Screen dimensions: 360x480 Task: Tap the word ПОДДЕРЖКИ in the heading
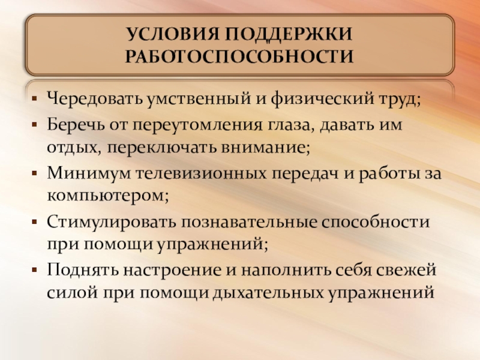tap(289, 35)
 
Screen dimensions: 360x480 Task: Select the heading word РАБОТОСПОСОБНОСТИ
tap(239, 58)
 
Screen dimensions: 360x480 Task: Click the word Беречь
tap(73, 127)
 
